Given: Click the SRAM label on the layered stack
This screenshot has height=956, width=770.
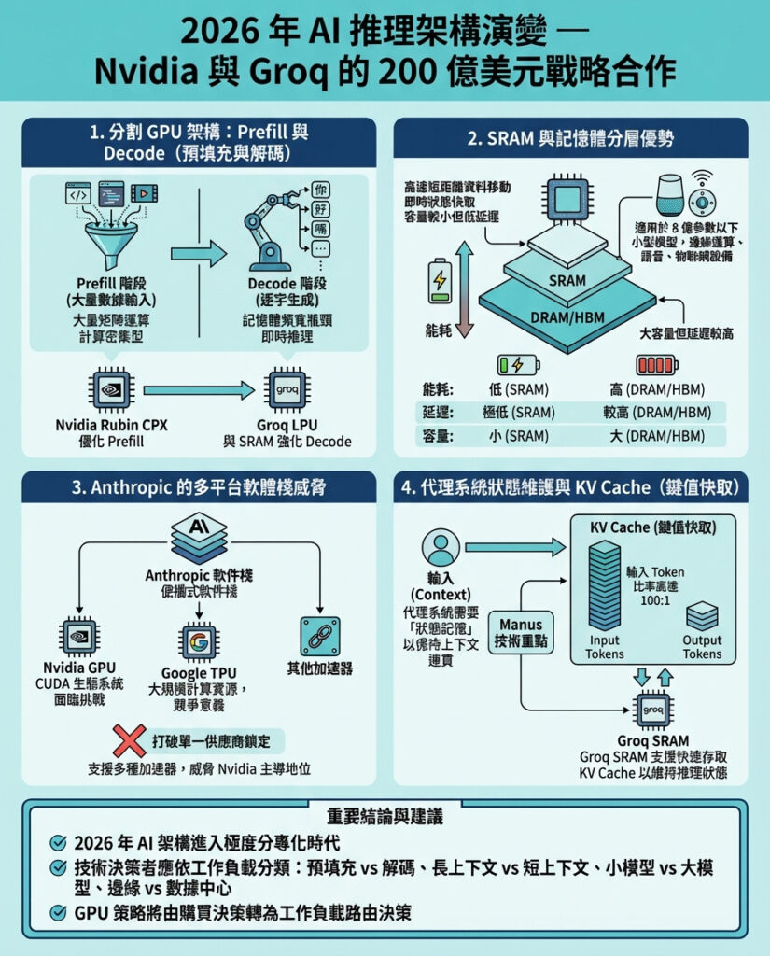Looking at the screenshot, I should (x=567, y=280).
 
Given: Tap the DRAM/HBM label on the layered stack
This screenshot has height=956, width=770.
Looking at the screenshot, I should (x=567, y=317).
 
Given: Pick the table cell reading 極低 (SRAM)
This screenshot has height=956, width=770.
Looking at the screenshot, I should (x=520, y=412).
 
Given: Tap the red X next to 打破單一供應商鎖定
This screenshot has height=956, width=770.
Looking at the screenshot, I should (x=127, y=741).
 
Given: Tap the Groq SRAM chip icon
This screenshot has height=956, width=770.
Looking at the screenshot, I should (x=652, y=710).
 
